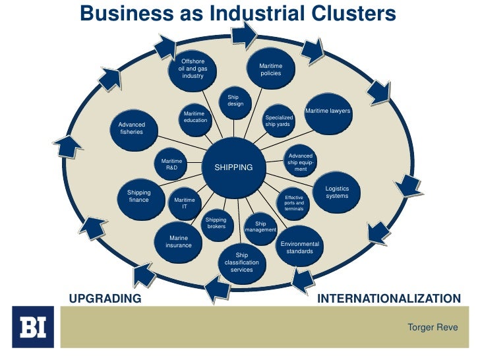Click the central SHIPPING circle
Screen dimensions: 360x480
tap(233, 167)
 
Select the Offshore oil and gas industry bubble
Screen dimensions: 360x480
tap(193, 69)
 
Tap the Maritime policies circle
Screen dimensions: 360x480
tap(270, 70)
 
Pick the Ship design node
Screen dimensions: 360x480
tap(235, 101)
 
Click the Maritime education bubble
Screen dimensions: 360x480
tap(195, 117)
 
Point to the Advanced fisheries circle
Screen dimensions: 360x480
tap(131, 128)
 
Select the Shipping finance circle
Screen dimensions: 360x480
tap(139, 196)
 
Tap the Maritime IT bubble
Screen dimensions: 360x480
tap(185, 203)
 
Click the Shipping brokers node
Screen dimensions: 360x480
tap(216, 223)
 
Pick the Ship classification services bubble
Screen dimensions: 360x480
tap(241, 262)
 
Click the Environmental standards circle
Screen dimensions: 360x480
tap(300, 247)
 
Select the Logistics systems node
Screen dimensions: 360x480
tap(337, 192)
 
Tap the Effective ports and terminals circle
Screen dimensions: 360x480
tap(294, 202)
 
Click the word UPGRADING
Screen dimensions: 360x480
tap(105, 299)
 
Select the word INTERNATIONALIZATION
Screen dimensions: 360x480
tap(389, 299)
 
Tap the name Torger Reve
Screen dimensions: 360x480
tap(433, 327)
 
